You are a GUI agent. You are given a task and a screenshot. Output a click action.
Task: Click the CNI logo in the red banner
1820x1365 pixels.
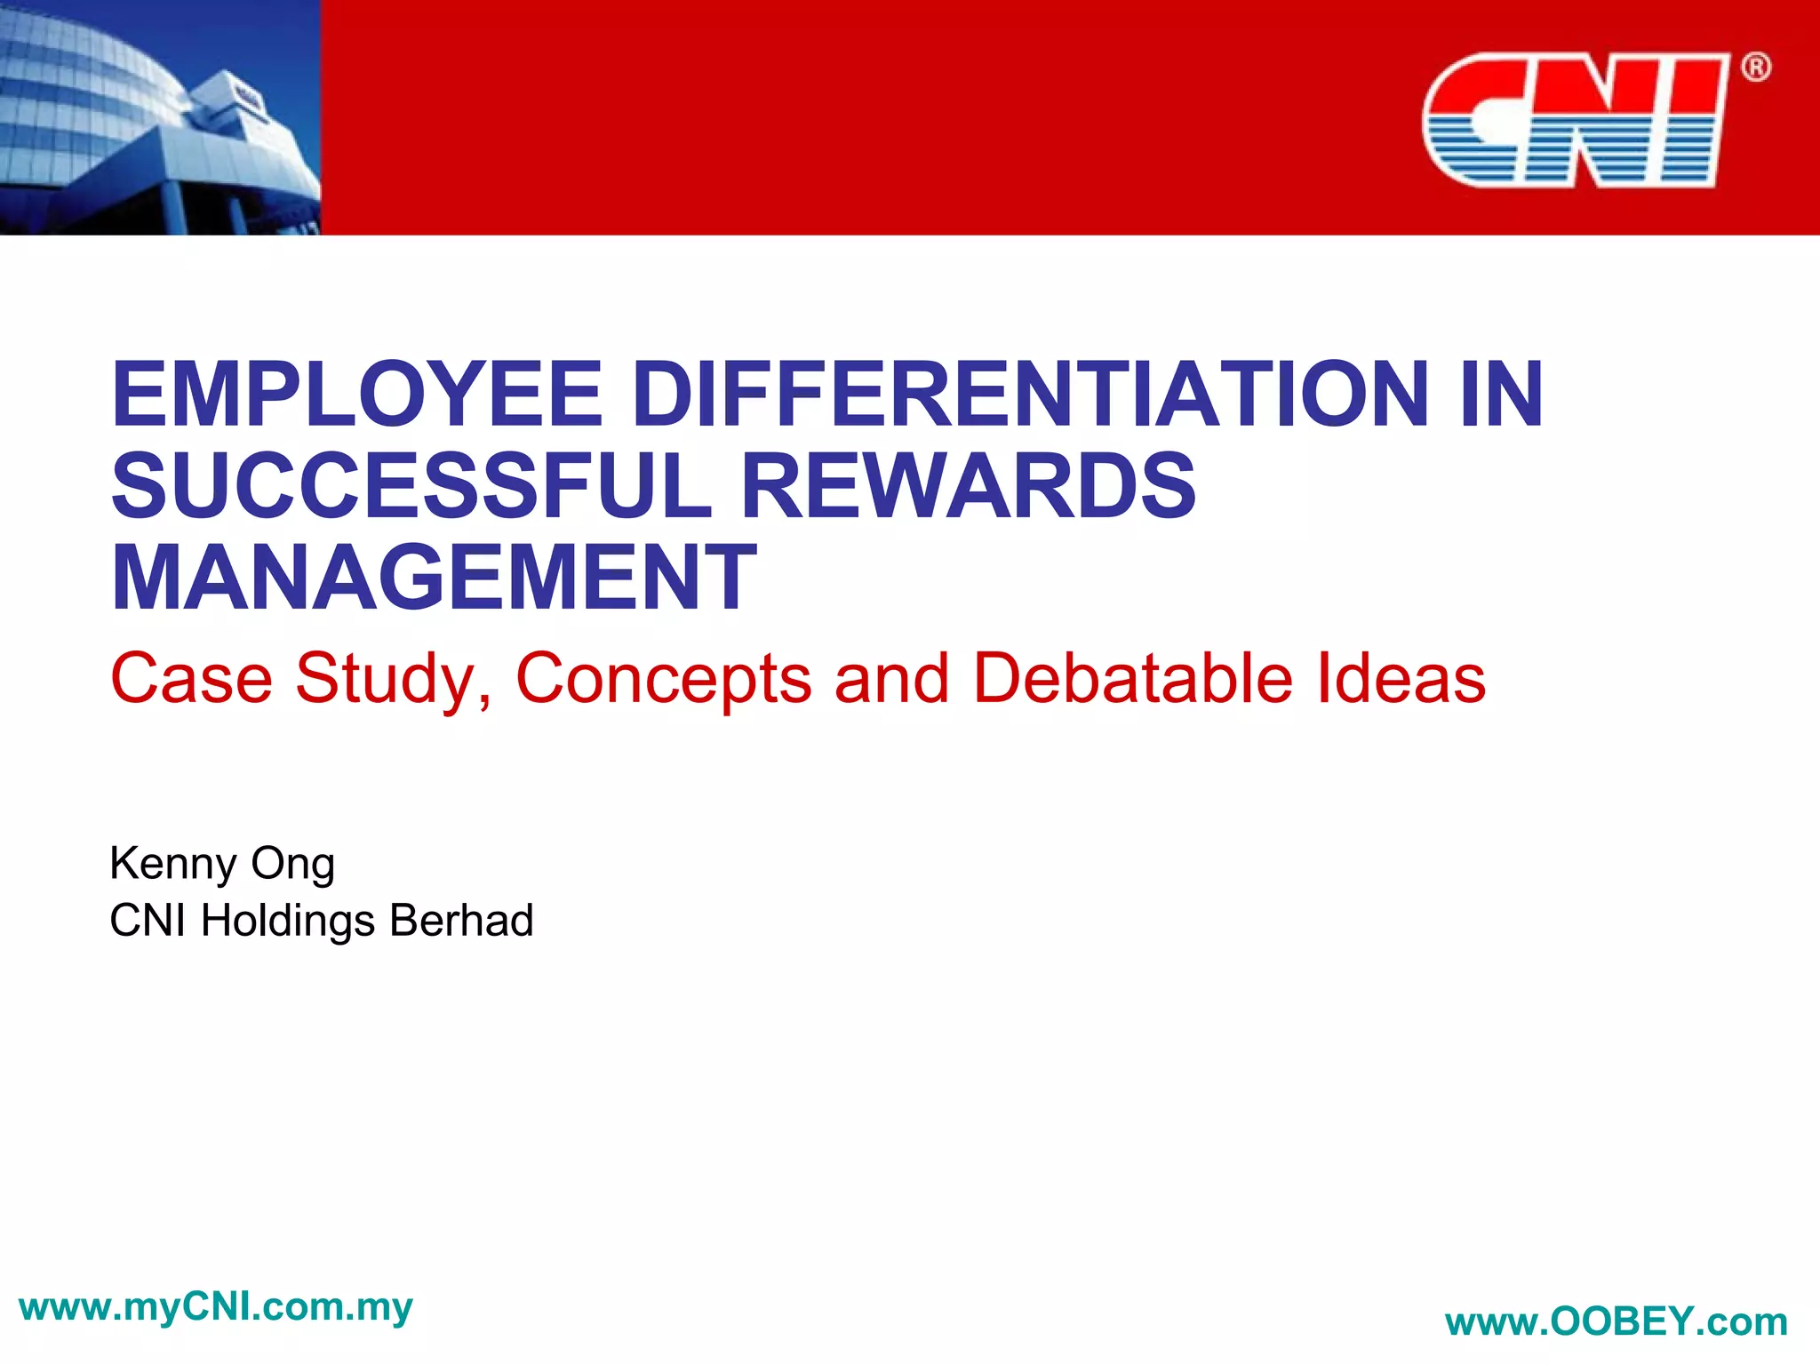coord(1575,120)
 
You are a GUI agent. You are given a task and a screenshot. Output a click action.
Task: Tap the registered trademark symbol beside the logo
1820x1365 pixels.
coord(1755,68)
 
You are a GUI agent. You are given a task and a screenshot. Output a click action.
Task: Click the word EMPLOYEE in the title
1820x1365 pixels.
coord(356,394)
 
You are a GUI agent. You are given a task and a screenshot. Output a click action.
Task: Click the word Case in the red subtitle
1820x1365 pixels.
coord(191,678)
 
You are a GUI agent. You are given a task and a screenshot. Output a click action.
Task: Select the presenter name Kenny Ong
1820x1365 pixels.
coord(222,864)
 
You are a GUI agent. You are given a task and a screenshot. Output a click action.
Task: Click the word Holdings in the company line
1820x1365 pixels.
coord(288,921)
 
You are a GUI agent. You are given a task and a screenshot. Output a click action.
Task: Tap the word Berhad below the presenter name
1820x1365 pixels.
coord(461,920)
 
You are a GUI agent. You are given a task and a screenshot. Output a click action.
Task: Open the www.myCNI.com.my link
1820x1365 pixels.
coord(215,1307)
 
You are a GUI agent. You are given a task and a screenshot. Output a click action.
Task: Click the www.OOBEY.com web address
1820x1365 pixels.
coord(1616,1321)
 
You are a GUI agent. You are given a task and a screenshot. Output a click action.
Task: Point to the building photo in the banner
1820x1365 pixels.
coord(160,117)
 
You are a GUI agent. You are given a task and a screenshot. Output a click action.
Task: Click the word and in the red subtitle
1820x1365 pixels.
coord(891,678)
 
